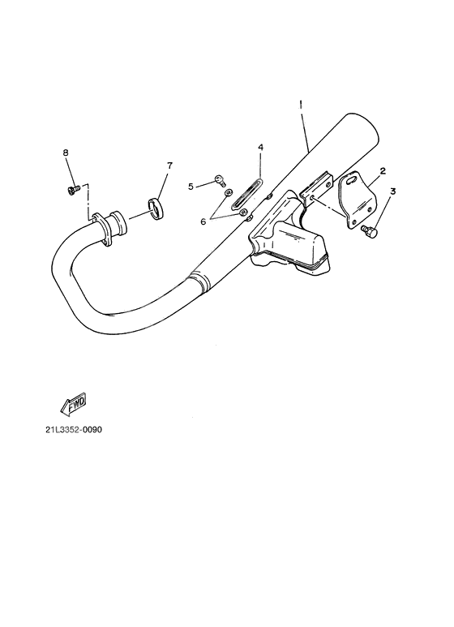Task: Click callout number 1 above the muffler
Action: pos(301,105)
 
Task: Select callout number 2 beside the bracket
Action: pos(383,171)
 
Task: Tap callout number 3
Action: pos(393,191)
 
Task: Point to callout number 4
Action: pos(260,148)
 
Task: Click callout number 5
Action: pos(191,187)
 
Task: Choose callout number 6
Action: pos(203,221)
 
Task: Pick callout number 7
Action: pos(170,165)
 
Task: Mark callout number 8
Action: pos(66,152)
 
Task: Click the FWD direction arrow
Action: pos(73,403)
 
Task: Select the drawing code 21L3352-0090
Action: pos(74,430)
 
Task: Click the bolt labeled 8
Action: pos(72,189)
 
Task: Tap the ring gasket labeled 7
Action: pos(156,208)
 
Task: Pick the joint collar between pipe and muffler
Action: pos(199,280)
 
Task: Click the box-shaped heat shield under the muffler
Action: pos(289,246)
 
